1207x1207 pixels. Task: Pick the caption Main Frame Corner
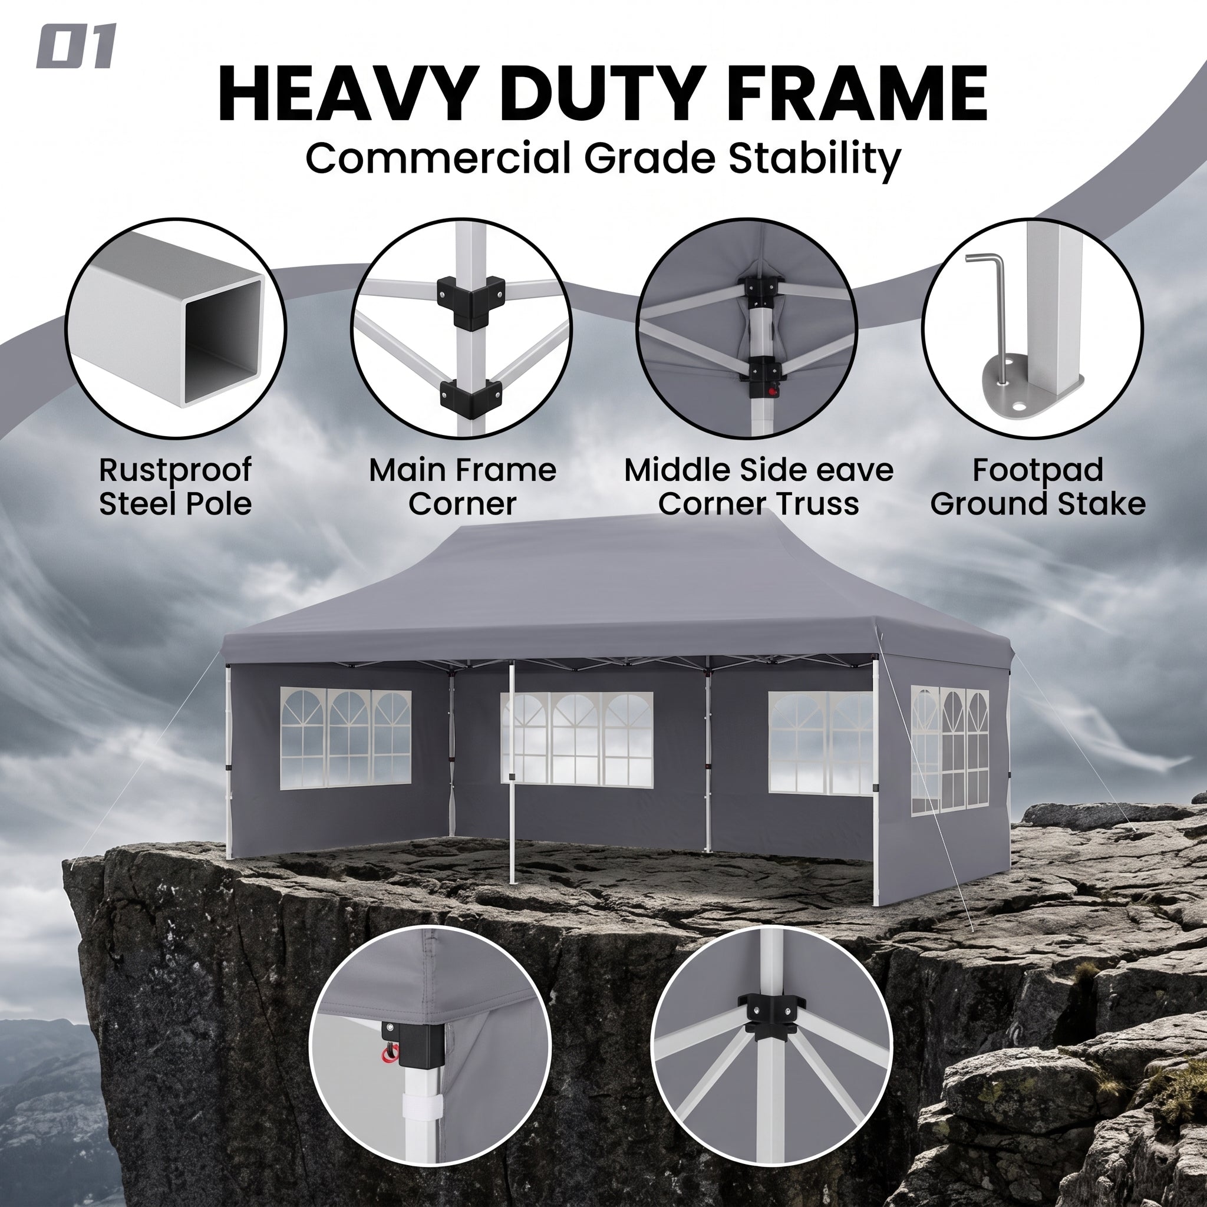[462, 487]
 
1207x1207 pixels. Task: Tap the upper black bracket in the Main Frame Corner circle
[470, 302]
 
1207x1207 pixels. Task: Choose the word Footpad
[1038, 470]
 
